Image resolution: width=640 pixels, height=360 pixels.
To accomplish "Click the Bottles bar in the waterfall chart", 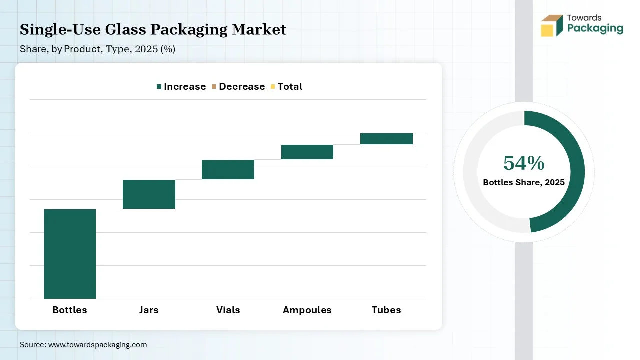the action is [70, 254].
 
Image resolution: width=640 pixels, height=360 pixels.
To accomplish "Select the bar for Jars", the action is [149, 194].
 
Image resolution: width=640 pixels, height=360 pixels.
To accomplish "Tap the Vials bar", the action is [228, 169].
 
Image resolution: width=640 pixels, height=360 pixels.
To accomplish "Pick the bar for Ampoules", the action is [307, 152].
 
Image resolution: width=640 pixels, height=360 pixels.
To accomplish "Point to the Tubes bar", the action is [386, 139].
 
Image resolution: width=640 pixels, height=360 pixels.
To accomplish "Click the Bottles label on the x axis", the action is [70, 310].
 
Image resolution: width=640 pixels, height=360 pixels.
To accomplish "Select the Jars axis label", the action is [149, 310].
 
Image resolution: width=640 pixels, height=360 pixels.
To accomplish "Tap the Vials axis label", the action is [228, 310].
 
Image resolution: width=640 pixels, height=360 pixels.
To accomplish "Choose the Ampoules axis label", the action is [307, 310].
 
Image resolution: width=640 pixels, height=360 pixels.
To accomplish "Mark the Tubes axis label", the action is [386, 310].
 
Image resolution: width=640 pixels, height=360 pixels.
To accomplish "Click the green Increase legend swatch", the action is [159, 86].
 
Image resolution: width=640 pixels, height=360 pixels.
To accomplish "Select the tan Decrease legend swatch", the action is [214, 86].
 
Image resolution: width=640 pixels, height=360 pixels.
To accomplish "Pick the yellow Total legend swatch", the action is [273, 86].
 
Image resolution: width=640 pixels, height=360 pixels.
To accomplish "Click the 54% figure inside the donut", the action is [524, 163].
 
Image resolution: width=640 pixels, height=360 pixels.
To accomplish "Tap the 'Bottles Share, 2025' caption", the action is [524, 182].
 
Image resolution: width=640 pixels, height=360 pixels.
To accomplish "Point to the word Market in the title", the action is [259, 29].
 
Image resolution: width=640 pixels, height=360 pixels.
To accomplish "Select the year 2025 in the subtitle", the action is [146, 49].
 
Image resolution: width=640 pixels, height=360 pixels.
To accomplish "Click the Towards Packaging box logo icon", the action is [552, 26].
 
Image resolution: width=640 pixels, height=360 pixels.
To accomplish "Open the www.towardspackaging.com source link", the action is [97, 345].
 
